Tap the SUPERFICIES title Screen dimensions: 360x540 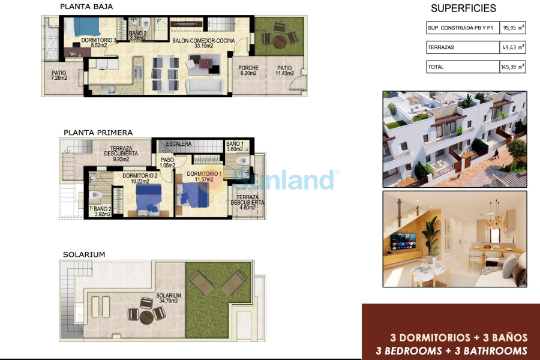tap(464, 8)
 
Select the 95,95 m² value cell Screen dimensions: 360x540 tap(512, 28)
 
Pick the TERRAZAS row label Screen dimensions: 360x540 tap(440, 47)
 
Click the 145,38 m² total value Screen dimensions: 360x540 tap(512, 67)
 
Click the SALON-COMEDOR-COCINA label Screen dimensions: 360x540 tap(202, 41)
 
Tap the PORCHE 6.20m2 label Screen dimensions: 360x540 tap(248, 71)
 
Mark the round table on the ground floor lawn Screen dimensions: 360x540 tap(280, 40)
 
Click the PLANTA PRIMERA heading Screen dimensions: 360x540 tap(98, 133)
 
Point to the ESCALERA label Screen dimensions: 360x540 tap(179, 144)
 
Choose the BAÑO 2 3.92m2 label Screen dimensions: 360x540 tap(102, 211)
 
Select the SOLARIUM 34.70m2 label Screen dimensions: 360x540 tap(169, 299)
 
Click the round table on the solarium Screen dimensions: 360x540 tap(147, 316)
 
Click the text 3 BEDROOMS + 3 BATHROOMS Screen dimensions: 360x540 tap(451, 351)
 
